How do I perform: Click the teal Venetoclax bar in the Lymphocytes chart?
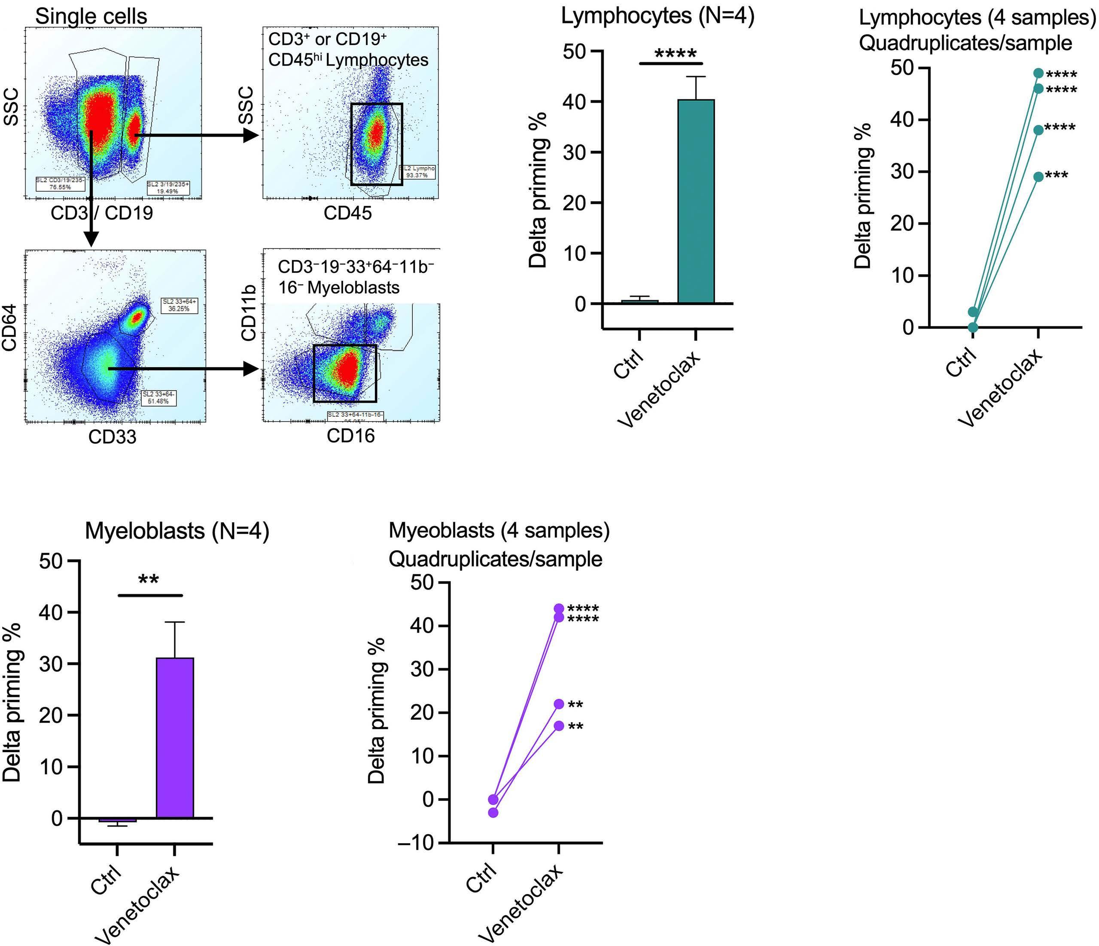(695, 202)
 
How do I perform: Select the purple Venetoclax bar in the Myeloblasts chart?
(174, 738)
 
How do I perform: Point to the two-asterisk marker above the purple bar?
(149, 580)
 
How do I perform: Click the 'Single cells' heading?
(91, 16)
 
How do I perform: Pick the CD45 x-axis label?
(347, 214)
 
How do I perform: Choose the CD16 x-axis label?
(350, 436)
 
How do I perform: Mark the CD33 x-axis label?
(112, 437)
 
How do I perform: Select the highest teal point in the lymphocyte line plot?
(1038, 73)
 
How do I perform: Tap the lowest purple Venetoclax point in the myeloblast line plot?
(558, 726)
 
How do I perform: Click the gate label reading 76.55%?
(54, 184)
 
